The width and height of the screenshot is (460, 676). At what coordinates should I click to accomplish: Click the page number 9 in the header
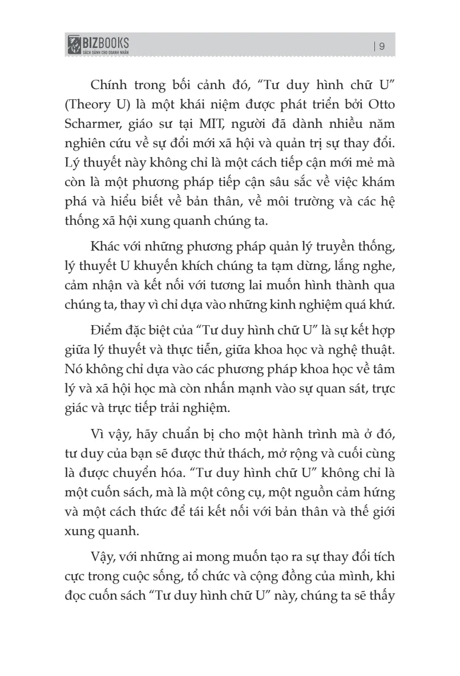coord(382,47)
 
